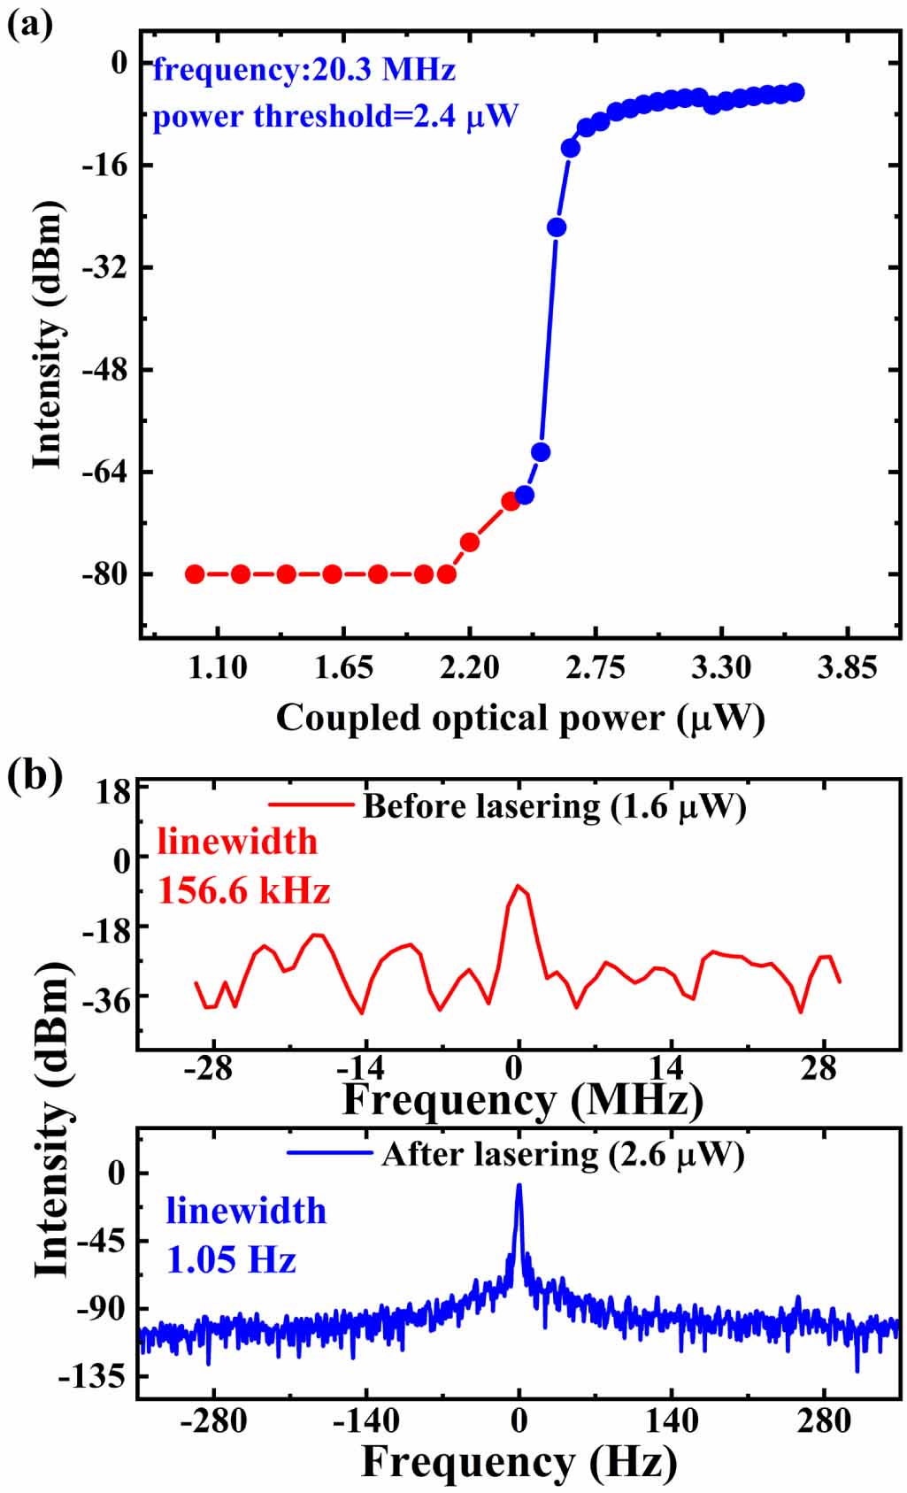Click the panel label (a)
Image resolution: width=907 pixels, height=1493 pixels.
tap(29, 23)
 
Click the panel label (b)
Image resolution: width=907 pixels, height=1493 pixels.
tap(34, 775)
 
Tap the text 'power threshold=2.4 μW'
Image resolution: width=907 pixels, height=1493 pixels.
tap(334, 116)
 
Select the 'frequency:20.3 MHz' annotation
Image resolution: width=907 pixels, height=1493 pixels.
tap(304, 69)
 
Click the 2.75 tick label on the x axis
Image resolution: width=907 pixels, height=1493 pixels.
tap(595, 666)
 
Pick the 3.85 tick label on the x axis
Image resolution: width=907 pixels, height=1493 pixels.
tap(847, 666)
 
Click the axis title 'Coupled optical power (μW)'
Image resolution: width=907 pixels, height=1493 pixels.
tap(519, 717)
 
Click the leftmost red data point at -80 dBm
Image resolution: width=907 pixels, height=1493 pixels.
tap(195, 573)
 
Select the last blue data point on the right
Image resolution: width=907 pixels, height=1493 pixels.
tap(795, 92)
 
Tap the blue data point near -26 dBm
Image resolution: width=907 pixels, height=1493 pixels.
tap(556, 227)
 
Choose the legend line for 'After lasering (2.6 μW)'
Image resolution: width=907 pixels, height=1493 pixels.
tap(329, 1152)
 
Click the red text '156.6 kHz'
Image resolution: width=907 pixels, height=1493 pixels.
tap(243, 889)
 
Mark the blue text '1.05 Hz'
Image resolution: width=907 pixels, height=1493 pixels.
tap(231, 1258)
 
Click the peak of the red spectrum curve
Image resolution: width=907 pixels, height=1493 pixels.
tap(518, 885)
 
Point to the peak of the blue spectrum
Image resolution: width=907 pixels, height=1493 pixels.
tap(519, 1186)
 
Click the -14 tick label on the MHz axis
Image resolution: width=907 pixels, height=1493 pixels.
tap(364, 1068)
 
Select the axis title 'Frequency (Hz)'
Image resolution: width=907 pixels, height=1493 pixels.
tap(519, 1461)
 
